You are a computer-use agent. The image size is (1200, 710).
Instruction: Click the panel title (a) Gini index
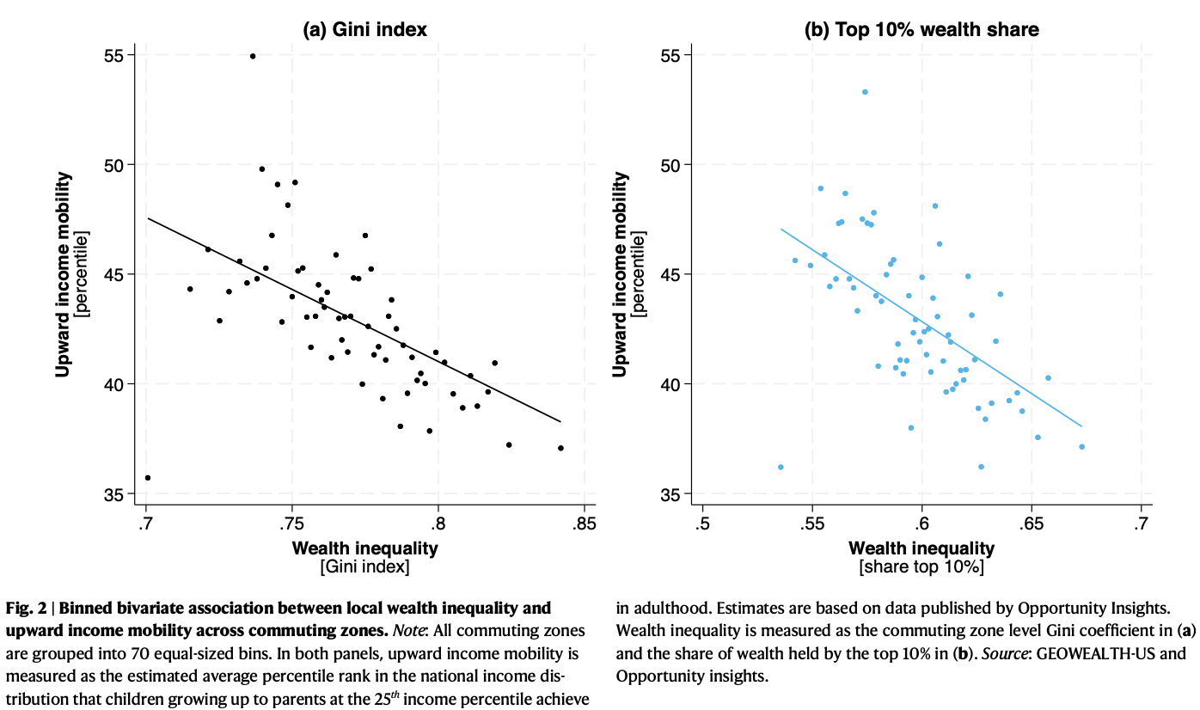point(364,30)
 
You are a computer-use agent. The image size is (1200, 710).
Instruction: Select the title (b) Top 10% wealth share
point(921,30)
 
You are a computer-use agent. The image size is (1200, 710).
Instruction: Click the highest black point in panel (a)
point(253,56)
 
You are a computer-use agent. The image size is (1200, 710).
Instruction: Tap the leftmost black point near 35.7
point(148,478)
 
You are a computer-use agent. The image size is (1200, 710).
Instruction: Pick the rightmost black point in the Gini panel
point(560,448)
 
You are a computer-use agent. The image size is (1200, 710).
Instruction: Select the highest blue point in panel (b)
point(865,92)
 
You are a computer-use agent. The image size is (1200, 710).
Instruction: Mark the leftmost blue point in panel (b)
point(781,467)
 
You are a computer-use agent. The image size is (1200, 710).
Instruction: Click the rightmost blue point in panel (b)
point(1081,446)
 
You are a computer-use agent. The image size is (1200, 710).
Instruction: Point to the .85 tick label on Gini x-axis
point(584,524)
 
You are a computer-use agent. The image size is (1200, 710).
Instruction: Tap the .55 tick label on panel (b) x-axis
point(811,524)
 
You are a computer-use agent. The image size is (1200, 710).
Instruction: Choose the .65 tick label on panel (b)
point(1032,524)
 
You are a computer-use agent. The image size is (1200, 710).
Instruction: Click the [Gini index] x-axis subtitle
point(364,567)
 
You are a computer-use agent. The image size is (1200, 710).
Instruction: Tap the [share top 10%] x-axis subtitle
point(921,567)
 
